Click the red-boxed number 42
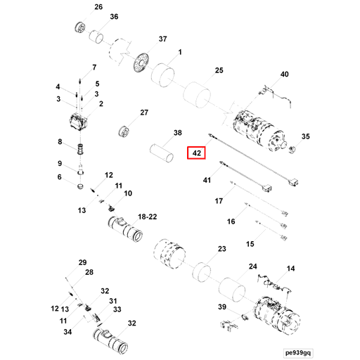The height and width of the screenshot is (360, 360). click(x=197, y=153)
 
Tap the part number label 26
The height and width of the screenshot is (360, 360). click(x=98, y=7)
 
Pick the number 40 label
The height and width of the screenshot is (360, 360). click(x=285, y=74)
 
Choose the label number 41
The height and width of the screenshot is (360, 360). click(x=207, y=181)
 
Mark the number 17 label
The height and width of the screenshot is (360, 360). click(x=219, y=201)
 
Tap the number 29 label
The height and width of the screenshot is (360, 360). click(x=82, y=262)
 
